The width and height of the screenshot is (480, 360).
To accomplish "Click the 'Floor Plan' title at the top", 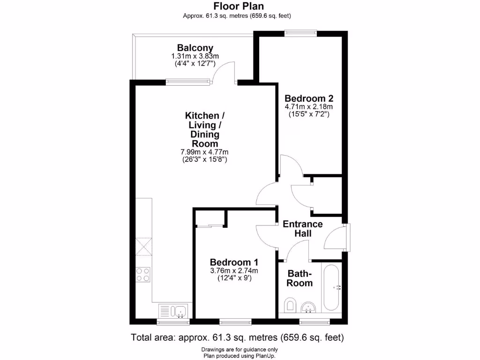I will pos(239,6).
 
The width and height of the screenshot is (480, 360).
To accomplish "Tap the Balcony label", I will pos(195,48).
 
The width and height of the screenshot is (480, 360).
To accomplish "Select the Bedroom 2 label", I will pos(309,98).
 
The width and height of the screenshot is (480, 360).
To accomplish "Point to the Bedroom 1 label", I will pos(234,262).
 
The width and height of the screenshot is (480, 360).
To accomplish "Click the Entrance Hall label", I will pos(302,228).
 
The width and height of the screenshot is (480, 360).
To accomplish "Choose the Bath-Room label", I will pos(300,278).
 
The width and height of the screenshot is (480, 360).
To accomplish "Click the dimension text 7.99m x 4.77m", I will pos(204,152).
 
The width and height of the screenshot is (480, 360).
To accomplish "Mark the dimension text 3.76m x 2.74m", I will pos(234,270).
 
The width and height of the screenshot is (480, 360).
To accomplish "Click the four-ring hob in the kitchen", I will pos(143,274).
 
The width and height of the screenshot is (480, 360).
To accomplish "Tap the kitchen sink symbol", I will pos(180,310).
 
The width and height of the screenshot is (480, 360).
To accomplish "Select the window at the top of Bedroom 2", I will pos(300,32).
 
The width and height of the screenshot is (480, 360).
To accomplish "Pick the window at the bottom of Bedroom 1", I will pos(235,322).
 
